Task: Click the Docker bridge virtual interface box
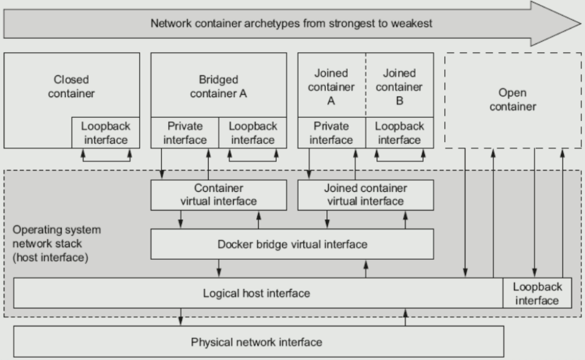292,244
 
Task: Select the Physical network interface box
259,342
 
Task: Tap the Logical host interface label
256,293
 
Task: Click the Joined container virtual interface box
365,195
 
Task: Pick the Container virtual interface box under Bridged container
218,195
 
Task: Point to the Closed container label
71,87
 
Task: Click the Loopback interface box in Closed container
106,133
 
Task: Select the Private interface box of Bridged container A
184,133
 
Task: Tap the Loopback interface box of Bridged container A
252,133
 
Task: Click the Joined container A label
331,87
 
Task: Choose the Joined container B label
399,87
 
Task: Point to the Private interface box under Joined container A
332,133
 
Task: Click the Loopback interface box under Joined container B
399,133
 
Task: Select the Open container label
513,100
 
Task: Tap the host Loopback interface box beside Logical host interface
537,293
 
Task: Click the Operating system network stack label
56,243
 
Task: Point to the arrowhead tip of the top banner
581,24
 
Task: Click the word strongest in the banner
352,24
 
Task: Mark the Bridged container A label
218,87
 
